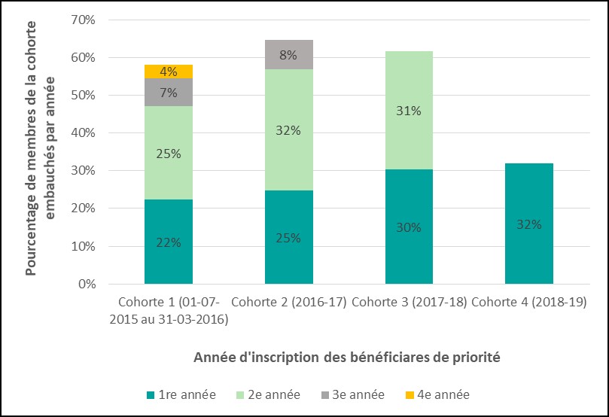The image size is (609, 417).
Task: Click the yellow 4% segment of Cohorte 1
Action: [169, 72]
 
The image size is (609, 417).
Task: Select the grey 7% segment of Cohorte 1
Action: [169, 93]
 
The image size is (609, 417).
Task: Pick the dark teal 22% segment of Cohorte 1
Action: [169, 242]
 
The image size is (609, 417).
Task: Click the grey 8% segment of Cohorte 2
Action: [288, 54]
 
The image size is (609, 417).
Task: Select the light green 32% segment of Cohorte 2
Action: [288, 130]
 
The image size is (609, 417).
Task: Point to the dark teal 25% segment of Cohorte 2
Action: [288, 237]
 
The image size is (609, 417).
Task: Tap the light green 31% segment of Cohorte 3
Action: [409, 111]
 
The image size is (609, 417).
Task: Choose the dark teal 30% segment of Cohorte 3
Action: [409, 227]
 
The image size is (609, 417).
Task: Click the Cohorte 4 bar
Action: [529, 224]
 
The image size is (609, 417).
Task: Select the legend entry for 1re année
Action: [181, 394]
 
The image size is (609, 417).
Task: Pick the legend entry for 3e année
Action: [352, 394]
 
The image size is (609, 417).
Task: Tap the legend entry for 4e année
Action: [437, 394]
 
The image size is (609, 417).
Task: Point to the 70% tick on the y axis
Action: [82, 20]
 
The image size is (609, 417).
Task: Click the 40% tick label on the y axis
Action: [82, 133]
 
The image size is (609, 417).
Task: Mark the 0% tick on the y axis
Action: [85, 285]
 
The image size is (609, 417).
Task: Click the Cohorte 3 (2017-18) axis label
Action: [409, 303]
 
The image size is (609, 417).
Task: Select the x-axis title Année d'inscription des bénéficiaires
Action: [347, 357]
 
